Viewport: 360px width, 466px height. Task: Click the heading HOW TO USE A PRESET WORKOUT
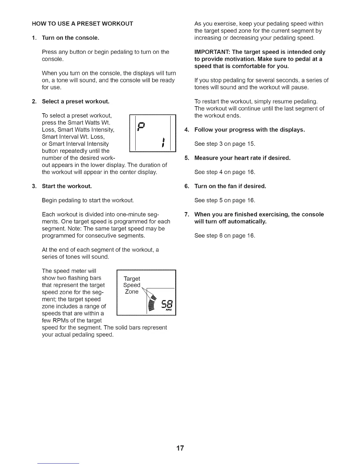coord(82,24)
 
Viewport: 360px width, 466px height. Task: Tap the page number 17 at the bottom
coord(180,448)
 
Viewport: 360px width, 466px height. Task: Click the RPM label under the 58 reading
coord(169,310)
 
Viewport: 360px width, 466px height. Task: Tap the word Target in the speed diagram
coord(132,279)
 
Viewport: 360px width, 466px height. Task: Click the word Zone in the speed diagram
coord(131,292)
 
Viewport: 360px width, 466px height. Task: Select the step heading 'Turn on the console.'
coord(71,38)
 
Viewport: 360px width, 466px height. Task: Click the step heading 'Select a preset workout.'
coord(76,101)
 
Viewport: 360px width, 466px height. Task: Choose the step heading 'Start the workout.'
coord(67,186)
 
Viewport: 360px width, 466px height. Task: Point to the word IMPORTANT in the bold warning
coord(212,52)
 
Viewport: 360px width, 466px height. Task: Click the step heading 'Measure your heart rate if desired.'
coord(242,158)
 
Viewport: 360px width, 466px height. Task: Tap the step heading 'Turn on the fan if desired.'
coord(230,186)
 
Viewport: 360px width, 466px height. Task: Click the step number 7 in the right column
coord(186,214)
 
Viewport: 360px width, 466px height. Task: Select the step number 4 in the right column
coord(186,130)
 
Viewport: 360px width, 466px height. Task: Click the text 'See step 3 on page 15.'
coord(225,144)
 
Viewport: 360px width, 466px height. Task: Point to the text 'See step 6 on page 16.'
coord(225,236)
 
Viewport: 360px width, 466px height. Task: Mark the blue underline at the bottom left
coord(58,463)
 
